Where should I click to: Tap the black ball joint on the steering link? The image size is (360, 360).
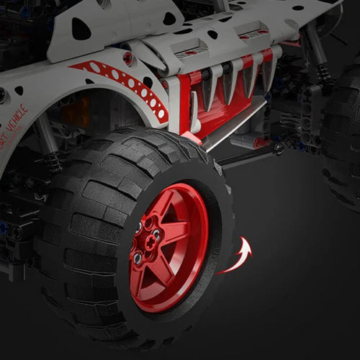click(278, 149)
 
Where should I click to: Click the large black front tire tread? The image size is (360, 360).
click(79, 238)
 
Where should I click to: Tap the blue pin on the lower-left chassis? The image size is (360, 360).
click(6, 229)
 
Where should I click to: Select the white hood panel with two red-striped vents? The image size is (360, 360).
click(216, 40)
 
